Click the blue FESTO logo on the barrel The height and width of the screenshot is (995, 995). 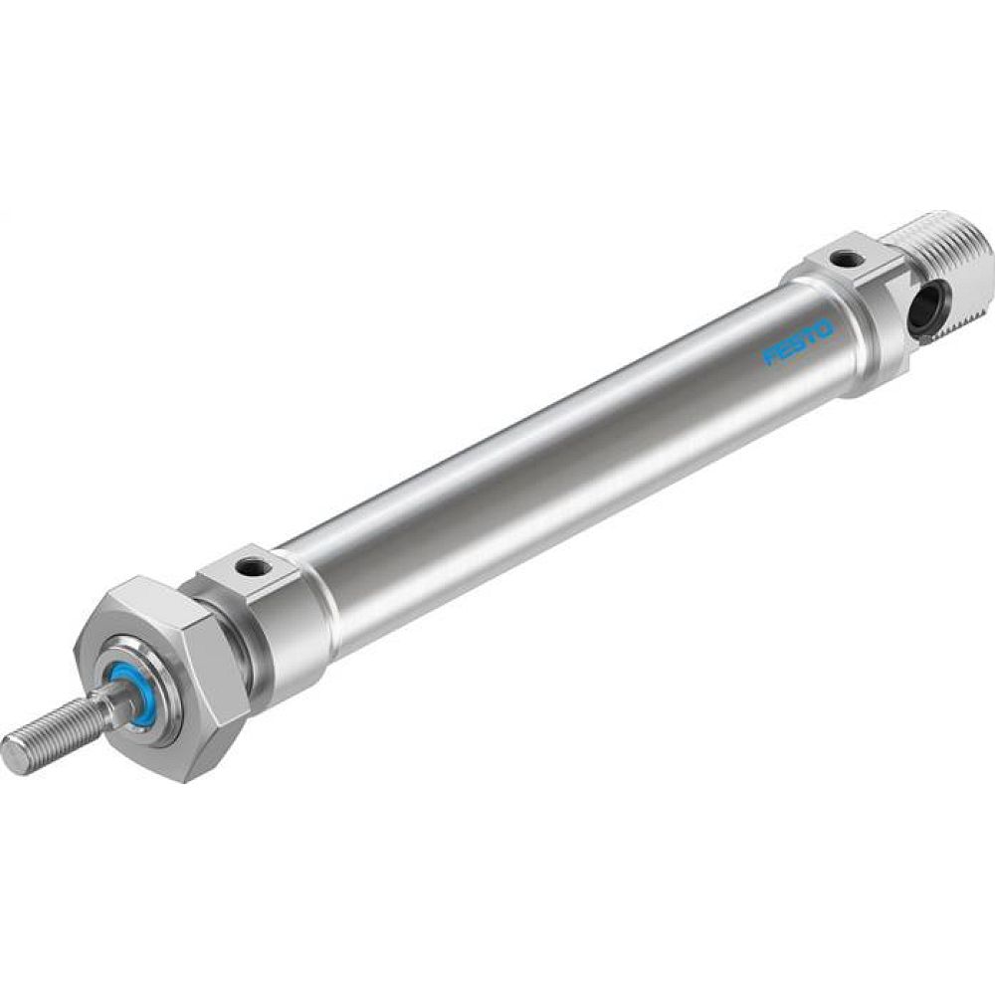point(798,340)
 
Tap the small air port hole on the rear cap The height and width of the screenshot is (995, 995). point(847,260)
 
